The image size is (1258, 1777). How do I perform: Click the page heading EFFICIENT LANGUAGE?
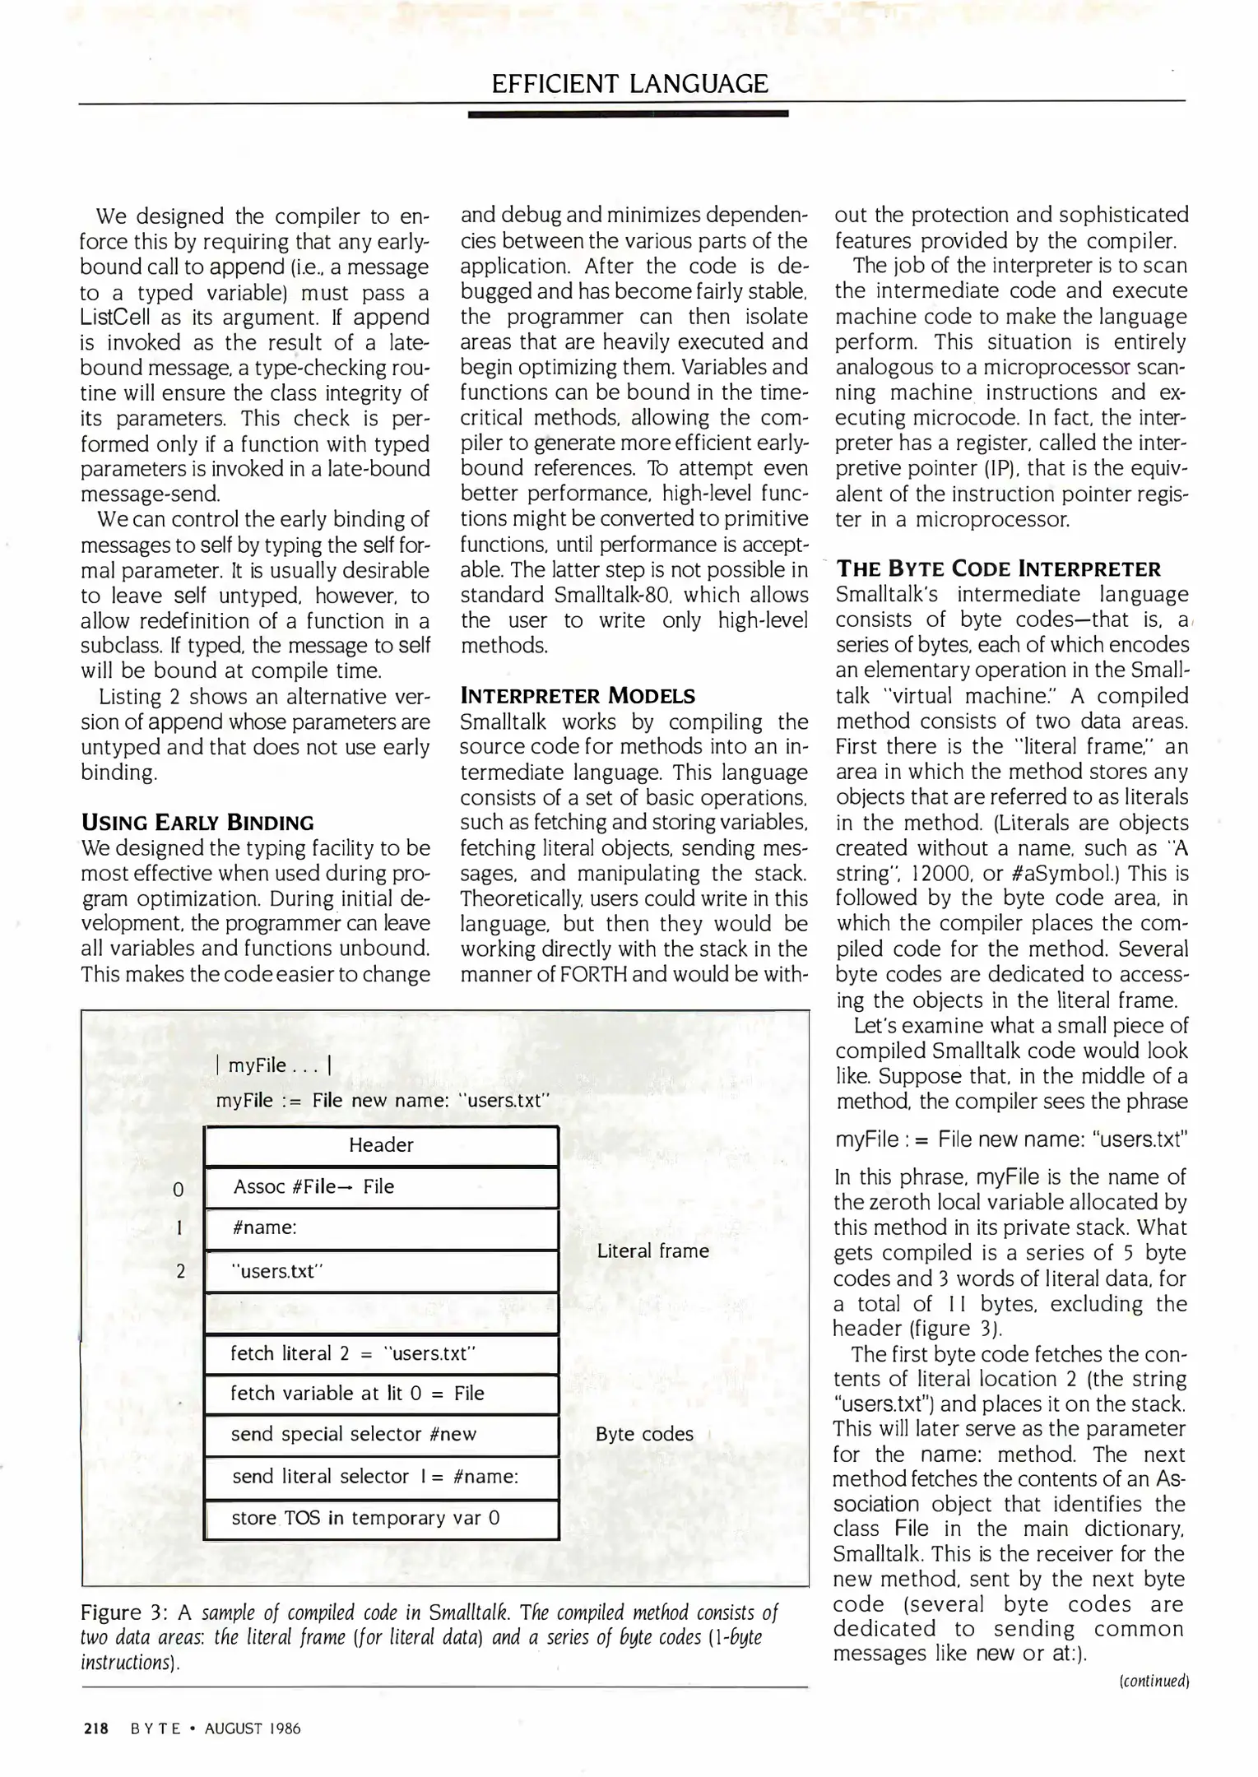[x=629, y=84]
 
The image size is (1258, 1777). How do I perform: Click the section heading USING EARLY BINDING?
[x=197, y=823]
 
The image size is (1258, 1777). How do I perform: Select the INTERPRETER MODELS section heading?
[x=578, y=696]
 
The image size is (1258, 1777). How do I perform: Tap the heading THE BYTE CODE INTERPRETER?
[x=999, y=569]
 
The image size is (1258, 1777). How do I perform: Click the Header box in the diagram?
[x=381, y=1145]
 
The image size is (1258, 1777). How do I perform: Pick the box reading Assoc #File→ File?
[x=381, y=1186]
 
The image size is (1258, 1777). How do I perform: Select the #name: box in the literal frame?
[x=381, y=1228]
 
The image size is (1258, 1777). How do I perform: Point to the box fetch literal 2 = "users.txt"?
[x=381, y=1353]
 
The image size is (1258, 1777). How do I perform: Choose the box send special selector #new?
[x=381, y=1435]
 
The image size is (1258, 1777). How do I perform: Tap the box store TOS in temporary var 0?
[x=381, y=1518]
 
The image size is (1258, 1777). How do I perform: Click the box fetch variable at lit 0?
[x=381, y=1394]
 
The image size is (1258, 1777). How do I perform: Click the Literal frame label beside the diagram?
[x=652, y=1250]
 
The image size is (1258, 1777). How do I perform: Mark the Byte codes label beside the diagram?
[x=644, y=1434]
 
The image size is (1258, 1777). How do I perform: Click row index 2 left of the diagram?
[x=180, y=1271]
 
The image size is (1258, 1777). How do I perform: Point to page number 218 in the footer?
[x=96, y=1728]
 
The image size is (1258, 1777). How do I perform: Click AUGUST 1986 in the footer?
[x=253, y=1728]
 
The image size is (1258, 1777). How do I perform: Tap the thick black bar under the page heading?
[x=628, y=114]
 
